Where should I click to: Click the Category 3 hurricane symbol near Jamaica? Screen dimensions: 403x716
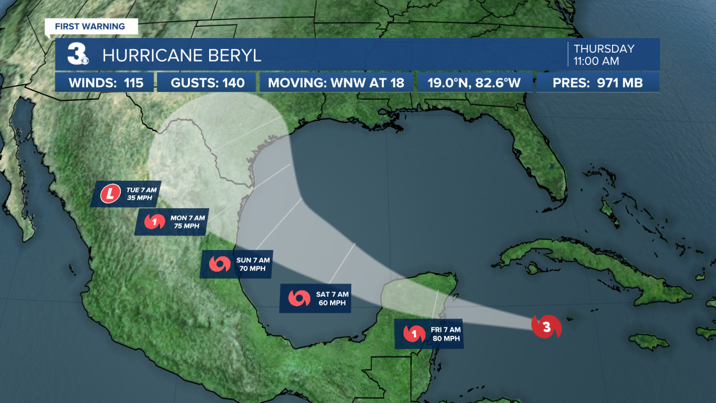[546, 327]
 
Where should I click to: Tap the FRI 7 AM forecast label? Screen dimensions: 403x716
[429, 334]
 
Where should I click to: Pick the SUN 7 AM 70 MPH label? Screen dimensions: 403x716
[237, 264]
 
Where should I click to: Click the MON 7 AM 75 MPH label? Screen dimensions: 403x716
[171, 222]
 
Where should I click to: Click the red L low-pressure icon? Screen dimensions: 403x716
[110, 195]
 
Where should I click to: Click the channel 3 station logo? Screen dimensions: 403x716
[78, 54]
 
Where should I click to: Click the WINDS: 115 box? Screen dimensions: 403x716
[106, 83]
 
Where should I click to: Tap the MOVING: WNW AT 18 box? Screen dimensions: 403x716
[336, 83]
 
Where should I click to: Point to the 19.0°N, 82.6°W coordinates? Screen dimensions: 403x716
[474, 83]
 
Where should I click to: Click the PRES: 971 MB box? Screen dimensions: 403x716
[597, 83]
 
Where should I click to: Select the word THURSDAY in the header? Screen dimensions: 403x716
[604, 49]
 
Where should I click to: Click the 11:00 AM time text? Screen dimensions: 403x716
[596, 62]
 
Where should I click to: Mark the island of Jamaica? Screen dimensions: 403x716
[649, 340]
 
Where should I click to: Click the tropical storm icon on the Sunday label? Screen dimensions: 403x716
[219, 264]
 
